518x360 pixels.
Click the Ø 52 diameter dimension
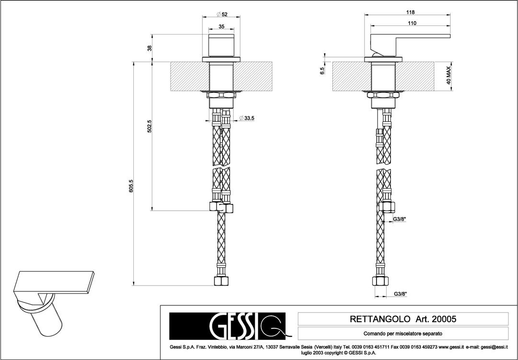222,14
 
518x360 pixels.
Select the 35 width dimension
221,26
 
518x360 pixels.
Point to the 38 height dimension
149,48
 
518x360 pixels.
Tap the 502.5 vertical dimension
149,126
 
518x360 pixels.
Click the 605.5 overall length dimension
131,186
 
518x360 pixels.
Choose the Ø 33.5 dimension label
247,118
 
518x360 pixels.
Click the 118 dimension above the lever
410,12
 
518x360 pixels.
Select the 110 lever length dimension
412,23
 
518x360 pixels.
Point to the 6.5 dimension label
322,71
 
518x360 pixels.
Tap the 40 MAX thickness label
448,75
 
